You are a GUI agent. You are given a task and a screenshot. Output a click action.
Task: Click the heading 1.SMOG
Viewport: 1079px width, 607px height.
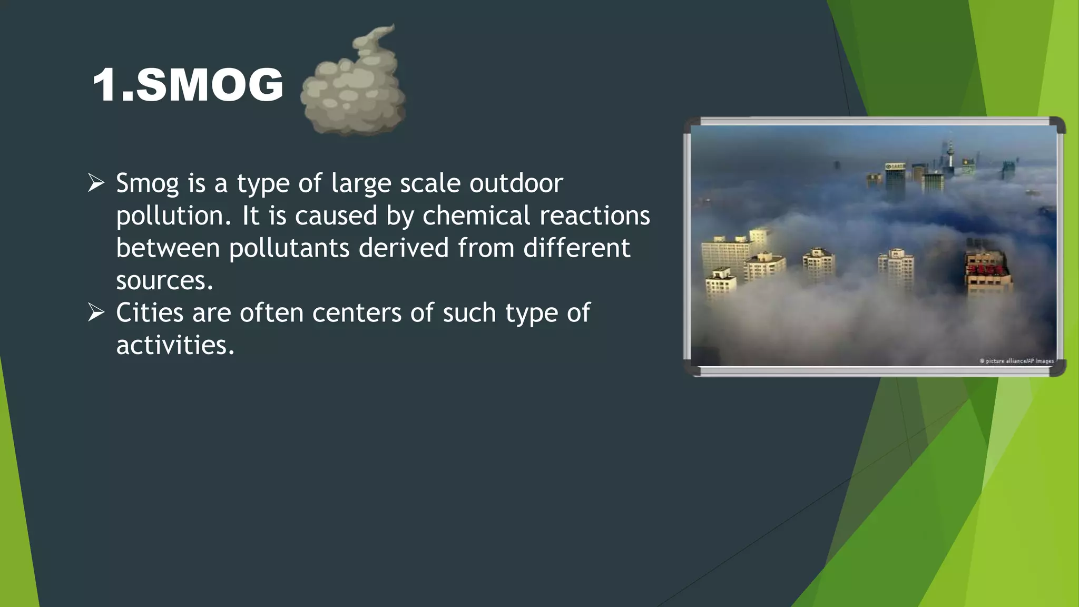point(188,85)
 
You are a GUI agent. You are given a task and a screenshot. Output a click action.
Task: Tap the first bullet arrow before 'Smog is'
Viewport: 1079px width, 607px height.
point(96,183)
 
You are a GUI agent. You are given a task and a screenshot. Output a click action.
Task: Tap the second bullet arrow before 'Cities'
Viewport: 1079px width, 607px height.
point(96,312)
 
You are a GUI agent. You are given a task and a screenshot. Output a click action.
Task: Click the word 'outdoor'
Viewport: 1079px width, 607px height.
point(516,183)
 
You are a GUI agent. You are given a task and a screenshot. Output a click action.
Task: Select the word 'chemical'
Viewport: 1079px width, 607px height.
point(476,216)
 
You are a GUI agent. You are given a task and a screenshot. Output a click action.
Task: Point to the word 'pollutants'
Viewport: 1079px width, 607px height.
point(289,248)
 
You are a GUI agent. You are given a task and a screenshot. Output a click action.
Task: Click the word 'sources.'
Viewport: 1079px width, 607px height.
point(164,280)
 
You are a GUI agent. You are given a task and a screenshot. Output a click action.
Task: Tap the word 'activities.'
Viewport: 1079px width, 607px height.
point(175,345)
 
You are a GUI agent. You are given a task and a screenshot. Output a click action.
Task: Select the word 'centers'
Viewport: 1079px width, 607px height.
point(357,312)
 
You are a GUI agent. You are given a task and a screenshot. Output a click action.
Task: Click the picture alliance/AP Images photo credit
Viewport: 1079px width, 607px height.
point(1016,361)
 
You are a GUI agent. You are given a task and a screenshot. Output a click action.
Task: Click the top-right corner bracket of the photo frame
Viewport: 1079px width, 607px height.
point(1057,125)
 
